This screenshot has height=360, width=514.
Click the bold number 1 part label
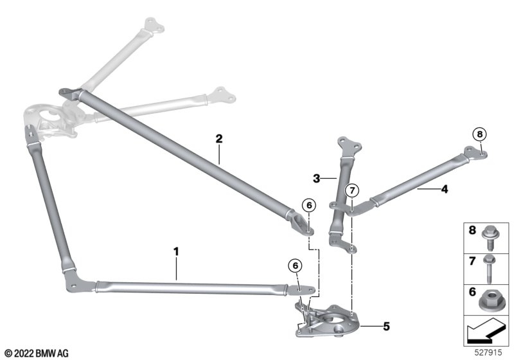pyautogui.click(x=176, y=252)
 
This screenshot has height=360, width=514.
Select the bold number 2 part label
pyautogui.click(x=219, y=139)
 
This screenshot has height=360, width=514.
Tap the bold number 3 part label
pyautogui.click(x=316, y=179)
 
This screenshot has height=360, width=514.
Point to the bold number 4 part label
pyautogui.click(x=445, y=189)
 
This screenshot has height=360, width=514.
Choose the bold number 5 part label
pyautogui.click(x=387, y=327)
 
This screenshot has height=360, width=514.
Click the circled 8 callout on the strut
pyautogui.click(x=479, y=134)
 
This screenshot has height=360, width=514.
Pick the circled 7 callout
pyautogui.click(x=352, y=190)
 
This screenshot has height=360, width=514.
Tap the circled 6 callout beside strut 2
pyautogui.click(x=309, y=206)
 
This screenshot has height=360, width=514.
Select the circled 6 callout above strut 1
pyautogui.click(x=296, y=265)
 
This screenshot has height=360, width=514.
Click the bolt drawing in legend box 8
pyautogui.click(x=490, y=239)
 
